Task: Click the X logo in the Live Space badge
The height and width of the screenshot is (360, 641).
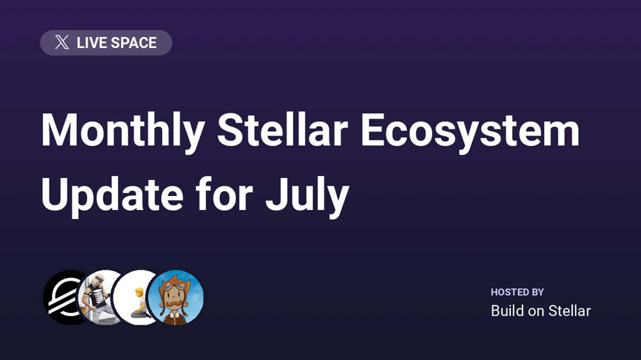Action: coord(62,42)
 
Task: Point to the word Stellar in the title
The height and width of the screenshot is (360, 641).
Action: coord(282,130)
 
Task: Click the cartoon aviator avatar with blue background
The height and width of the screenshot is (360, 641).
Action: coord(176,297)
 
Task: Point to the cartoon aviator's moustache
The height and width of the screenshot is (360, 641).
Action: coord(174,306)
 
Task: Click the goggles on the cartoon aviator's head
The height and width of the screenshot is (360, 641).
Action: coord(175,285)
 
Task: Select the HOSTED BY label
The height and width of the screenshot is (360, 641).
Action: coord(517,291)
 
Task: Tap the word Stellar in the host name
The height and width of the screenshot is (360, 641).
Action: coord(569,311)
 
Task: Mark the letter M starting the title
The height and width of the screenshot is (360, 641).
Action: coord(60,130)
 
